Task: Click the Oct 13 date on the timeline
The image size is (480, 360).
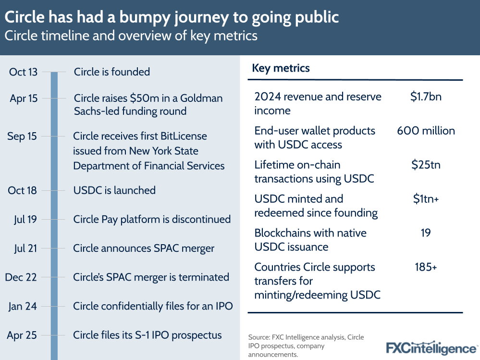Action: pos(23,72)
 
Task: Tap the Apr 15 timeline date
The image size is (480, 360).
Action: pos(23,99)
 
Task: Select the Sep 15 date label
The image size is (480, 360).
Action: pos(22,137)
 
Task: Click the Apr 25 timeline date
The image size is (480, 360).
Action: pos(22,335)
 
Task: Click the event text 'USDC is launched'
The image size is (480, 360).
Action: pos(114,190)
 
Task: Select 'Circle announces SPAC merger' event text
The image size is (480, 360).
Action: pos(144,248)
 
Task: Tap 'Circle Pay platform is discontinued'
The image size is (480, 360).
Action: pos(152,220)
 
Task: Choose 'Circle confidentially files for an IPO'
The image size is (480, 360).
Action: pos(153,306)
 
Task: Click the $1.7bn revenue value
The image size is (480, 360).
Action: pos(426,97)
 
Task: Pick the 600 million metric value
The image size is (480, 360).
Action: pos(426,131)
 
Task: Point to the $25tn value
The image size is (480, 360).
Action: pos(426,165)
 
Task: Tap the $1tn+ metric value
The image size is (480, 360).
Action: pos(426,199)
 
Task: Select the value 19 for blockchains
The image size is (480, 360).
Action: pos(425,233)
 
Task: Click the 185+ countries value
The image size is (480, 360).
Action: pos(426,267)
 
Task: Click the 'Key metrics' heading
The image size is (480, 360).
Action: pos(281,68)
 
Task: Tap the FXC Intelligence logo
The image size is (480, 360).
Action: pos(431,348)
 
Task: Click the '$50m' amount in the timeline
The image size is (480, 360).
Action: pos(146,99)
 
